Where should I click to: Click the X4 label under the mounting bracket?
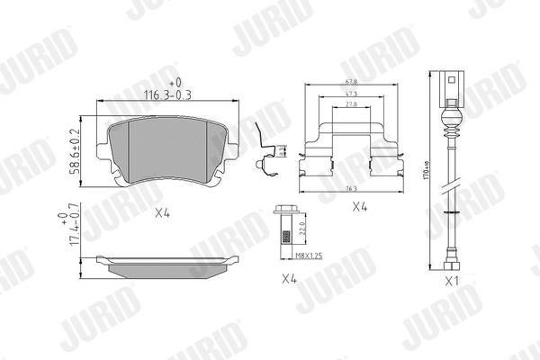[x=359, y=207]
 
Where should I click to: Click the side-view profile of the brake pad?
[x=168, y=264]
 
